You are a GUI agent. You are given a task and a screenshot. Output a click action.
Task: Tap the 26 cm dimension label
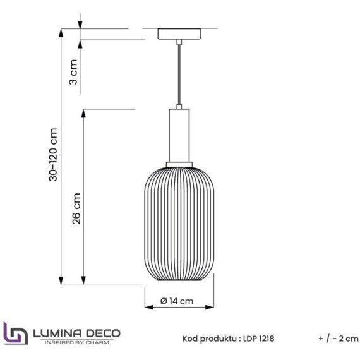(x=76, y=209)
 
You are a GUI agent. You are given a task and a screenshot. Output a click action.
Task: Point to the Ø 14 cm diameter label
(x=177, y=301)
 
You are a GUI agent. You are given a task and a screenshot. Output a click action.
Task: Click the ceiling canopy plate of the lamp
(x=180, y=33)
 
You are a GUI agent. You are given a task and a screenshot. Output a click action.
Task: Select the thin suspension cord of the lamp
(x=180, y=76)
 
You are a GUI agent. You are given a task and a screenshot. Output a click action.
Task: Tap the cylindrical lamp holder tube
(x=180, y=135)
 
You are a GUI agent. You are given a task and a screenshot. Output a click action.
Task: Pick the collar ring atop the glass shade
(x=180, y=164)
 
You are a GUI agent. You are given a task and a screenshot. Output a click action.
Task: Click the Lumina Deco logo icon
(x=15, y=333)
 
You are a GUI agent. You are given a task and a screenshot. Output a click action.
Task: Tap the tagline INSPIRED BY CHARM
(x=78, y=342)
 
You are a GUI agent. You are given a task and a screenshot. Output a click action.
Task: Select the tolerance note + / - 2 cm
(x=339, y=339)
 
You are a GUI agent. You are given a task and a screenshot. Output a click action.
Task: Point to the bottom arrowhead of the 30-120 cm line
(x=62, y=282)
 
